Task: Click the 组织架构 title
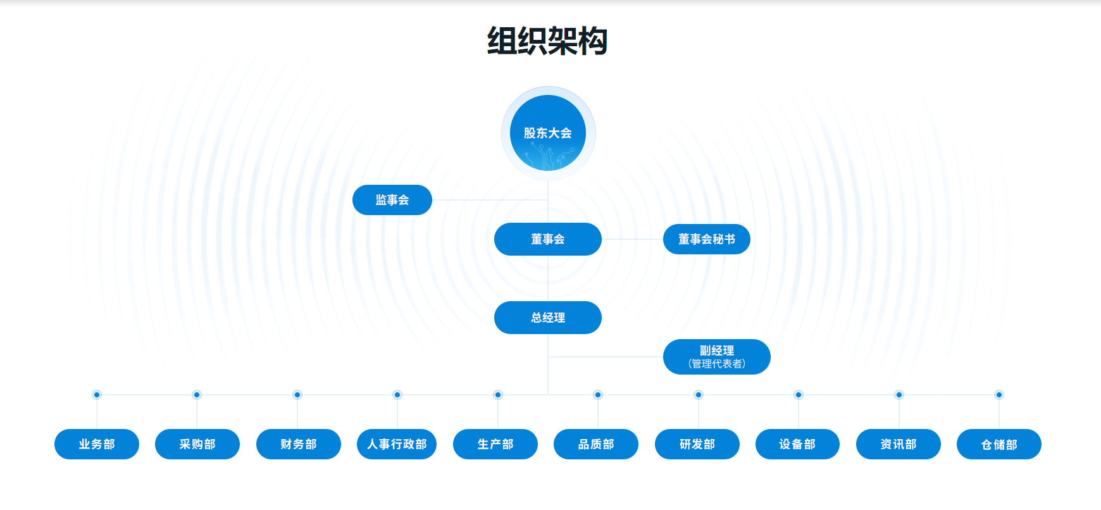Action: click(x=547, y=42)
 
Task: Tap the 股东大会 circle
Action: click(x=548, y=133)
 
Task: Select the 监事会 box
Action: click(x=392, y=200)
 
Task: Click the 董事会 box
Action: click(x=548, y=239)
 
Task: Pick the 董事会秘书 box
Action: click(x=707, y=239)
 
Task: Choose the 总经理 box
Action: click(x=548, y=318)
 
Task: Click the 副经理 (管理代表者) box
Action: click(x=717, y=357)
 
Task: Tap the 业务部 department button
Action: click(x=97, y=444)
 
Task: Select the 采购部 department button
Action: click(x=197, y=444)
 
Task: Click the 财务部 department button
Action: click(x=299, y=444)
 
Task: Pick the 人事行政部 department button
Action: click(x=397, y=444)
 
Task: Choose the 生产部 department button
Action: click(x=495, y=444)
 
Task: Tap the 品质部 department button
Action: click(x=596, y=444)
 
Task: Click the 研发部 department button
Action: click(x=697, y=444)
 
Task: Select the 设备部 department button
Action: click(x=797, y=444)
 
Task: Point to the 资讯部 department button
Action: click(x=899, y=444)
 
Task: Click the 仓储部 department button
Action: click(x=999, y=444)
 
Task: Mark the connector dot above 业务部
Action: click(x=97, y=395)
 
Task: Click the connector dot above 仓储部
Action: click(x=999, y=395)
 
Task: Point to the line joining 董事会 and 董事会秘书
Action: click(x=632, y=239)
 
